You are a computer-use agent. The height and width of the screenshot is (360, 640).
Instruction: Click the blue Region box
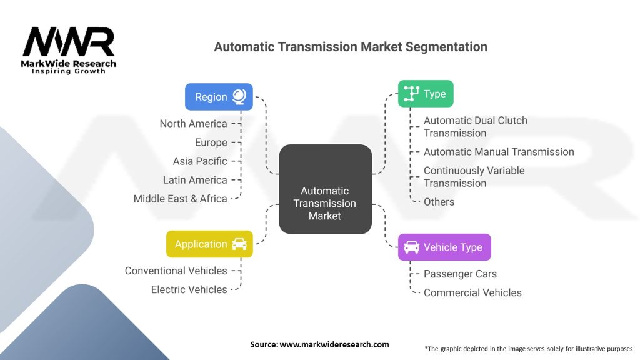tap(219, 97)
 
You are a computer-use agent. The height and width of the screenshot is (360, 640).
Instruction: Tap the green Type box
tap(426, 94)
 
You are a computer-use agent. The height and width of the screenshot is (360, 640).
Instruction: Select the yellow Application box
tap(209, 244)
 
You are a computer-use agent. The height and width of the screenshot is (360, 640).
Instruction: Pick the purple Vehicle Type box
tap(444, 247)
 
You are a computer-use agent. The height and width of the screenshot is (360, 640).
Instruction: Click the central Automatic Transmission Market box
tap(325, 189)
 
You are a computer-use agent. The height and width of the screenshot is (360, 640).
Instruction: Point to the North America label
tap(194, 123)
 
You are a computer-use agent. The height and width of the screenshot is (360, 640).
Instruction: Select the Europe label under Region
tap(211, 142)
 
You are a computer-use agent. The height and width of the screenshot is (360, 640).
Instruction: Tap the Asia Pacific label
tap(200, 161)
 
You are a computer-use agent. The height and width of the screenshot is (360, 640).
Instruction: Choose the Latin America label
tap(195, 180)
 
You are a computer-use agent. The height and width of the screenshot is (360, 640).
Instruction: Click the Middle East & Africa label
tap(181, 199)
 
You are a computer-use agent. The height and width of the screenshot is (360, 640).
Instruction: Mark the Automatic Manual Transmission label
tap(499, 152)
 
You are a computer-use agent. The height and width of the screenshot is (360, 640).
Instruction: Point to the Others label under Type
tap(439, 202)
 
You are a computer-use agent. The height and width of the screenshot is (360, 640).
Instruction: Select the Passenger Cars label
tap(460, 274)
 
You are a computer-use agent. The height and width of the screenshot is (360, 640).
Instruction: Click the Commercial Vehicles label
tap(472, 292)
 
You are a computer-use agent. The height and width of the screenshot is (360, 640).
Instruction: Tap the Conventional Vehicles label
tap(176, 271)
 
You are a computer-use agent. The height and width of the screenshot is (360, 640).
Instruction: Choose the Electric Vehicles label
tap(189, 289)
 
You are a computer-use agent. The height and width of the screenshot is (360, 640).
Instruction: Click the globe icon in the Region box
tap(239, 97)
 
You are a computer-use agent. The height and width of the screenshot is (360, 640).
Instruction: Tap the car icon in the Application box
tap(239, 244)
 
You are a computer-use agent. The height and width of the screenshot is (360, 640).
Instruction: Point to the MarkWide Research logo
tap(69, 50)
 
